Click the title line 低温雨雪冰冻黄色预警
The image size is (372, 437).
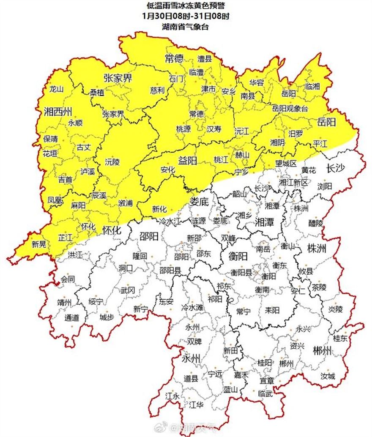(186, 6)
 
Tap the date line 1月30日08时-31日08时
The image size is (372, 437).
(186, 16)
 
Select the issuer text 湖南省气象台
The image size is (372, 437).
(186, 27)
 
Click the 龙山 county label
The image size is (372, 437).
(56, 89)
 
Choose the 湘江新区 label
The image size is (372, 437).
(294, 182)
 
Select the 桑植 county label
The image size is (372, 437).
(97, 92)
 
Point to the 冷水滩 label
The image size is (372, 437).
(192, 307)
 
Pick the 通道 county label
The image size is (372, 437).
(71, 318)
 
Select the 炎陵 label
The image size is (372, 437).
(336, 309)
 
